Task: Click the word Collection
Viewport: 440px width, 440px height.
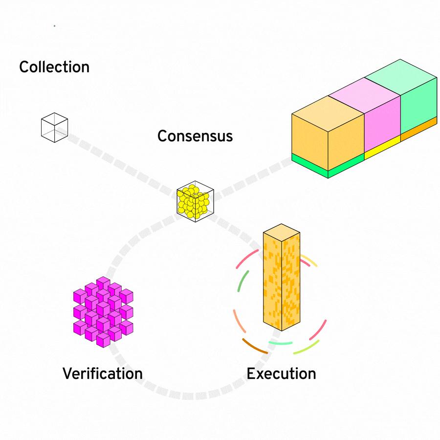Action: point(54,67)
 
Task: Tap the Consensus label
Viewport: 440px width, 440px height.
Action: point(195,136)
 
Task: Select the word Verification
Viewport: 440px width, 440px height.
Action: point(103,374)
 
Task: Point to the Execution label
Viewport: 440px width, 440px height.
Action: point(281,374)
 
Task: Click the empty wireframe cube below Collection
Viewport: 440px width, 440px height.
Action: point(54,127)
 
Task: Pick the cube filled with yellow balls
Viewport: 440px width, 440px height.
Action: point(195,201)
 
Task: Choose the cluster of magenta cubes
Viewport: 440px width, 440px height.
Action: point(103,312)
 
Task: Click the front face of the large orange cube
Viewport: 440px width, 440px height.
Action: point(309,135)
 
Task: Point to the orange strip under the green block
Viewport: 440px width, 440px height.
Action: point(418,128)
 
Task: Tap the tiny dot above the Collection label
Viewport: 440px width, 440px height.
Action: point(54,25)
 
